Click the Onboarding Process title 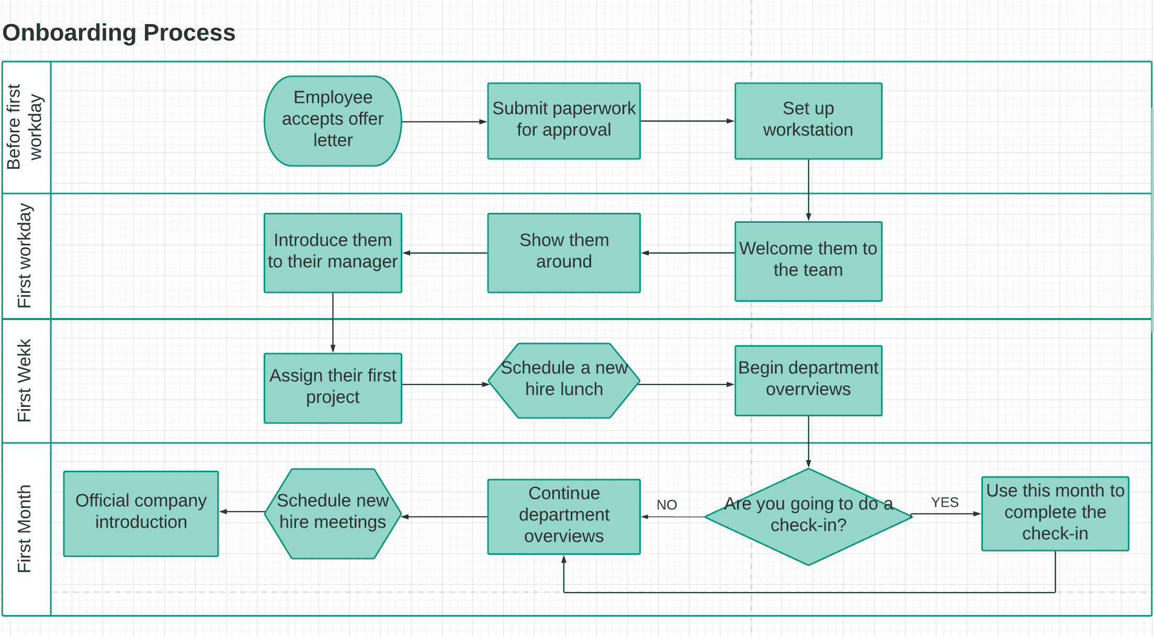point(119,32)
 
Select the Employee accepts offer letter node point(333,121)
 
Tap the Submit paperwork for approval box point(563,121)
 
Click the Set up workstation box point(808,121)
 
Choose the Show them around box point(563,253)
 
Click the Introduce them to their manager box point(333,253)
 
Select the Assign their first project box point(333,388)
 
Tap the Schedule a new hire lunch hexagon point(563,380)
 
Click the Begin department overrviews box point(808,380)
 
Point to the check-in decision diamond point(808,516)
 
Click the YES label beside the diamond point(944,502)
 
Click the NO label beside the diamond point(666,505)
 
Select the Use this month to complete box point(1055,513)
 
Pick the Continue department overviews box point(563,516)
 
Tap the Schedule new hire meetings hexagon point(333,513)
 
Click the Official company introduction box point(141,513)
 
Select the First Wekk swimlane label point(25,380)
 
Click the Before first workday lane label point(25,127)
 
